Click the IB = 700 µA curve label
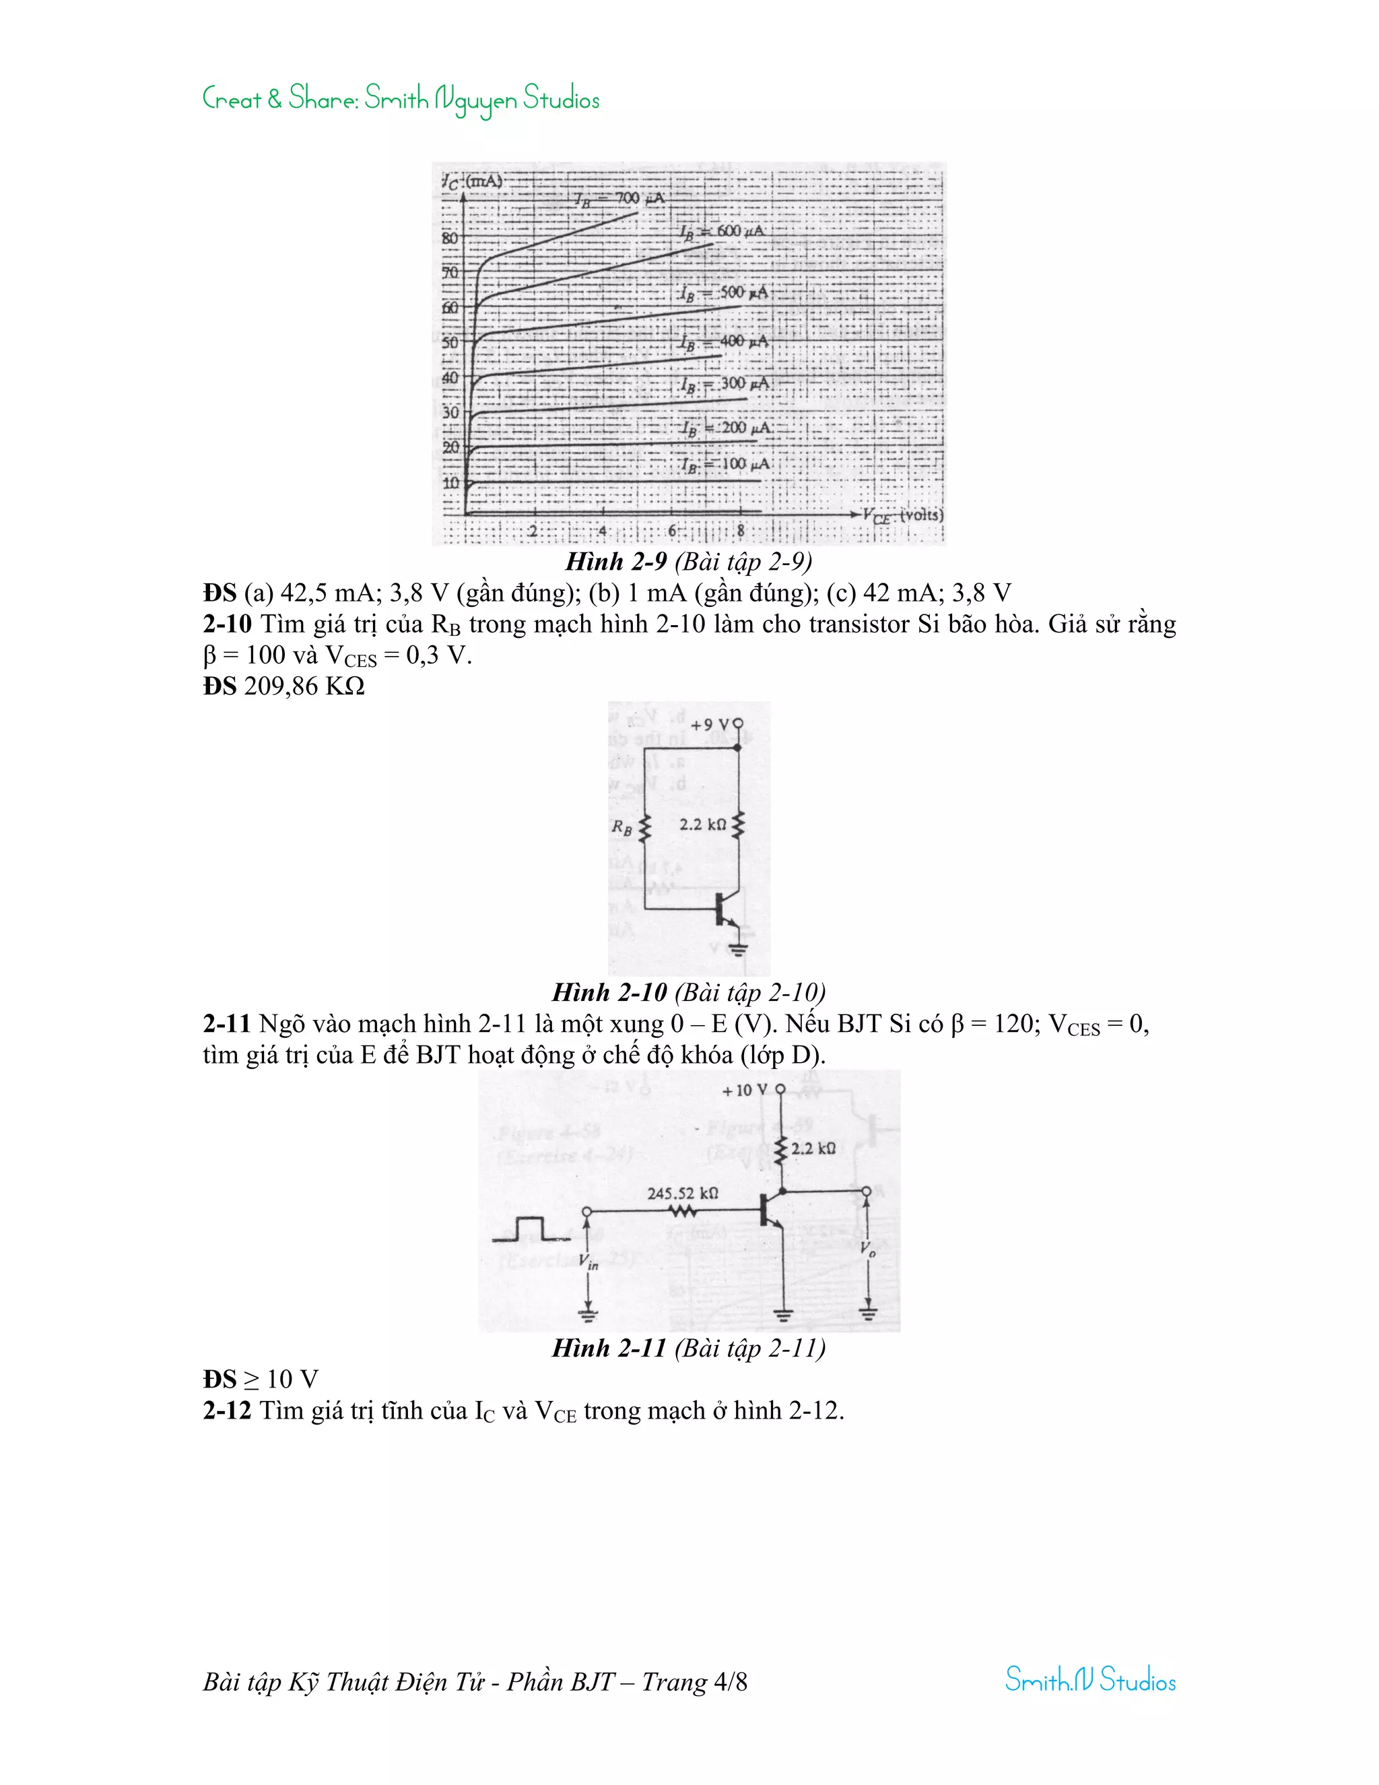pos(619,199)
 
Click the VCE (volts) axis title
pos(904,516)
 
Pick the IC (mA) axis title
pos(473,181)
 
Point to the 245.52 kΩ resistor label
pos(683,1194)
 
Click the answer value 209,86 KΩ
pos(304,686)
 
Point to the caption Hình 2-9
pos(616,562)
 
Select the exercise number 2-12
pos(226,1410)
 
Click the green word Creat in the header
pos(232,100)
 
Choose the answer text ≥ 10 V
pos(280,1380)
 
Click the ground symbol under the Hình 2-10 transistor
pos(739,950)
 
